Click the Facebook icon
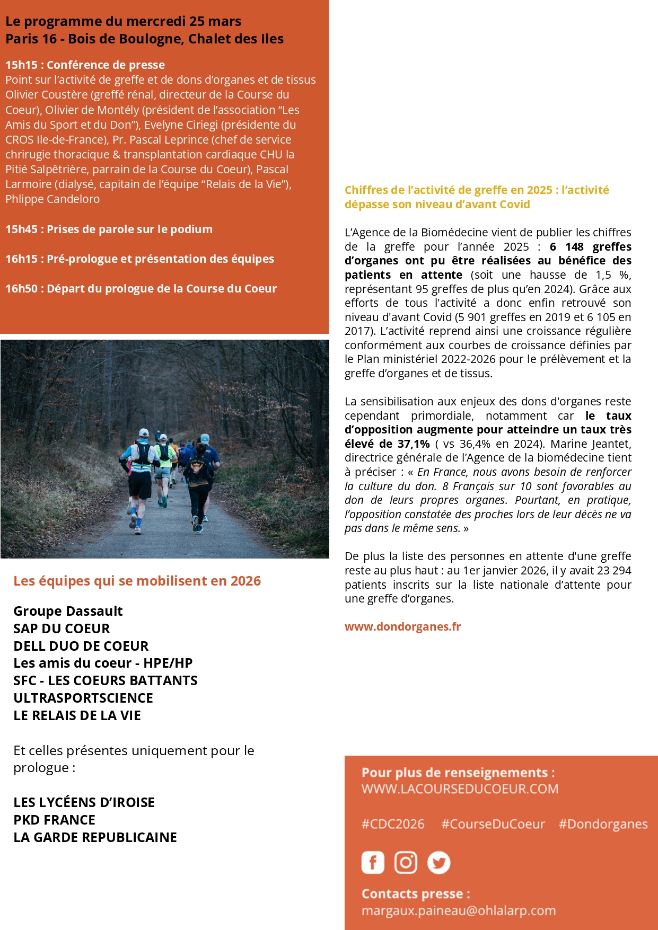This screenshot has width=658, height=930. point(373,862)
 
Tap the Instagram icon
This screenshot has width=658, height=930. point(406,862)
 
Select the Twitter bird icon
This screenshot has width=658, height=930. point(438,862)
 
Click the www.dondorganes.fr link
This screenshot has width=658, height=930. point(402,626)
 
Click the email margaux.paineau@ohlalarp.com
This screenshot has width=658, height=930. point(459,910)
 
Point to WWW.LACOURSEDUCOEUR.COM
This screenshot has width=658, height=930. point(460,789)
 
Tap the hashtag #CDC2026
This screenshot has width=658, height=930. point(393,824)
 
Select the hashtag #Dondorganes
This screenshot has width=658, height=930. point(603,824)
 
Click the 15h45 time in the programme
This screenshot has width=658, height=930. point(21,229)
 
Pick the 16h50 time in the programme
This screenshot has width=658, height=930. point(21,289)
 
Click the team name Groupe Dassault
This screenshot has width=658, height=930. point(68,611)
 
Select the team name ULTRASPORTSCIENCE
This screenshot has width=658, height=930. point(83,698)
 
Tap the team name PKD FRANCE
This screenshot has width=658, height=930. point(54,820)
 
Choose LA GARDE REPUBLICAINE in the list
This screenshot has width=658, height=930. point(95,837)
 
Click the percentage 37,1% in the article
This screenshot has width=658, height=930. point(414,444)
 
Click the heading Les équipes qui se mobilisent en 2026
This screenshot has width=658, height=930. point(137,581)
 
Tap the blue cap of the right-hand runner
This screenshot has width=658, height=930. point(205,438)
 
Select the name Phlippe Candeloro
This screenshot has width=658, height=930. point(52,199)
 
